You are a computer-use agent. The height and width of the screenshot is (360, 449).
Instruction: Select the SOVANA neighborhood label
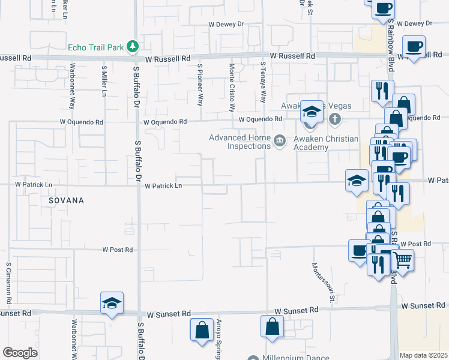coord(62,200)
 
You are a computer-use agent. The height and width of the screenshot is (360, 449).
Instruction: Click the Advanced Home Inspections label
coord(238,142)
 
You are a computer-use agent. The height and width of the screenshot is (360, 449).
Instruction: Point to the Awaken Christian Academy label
coord(326,143)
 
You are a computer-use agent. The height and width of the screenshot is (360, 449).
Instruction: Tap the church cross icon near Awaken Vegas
coord(336,120)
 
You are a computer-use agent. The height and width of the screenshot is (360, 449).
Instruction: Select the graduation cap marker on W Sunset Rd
coord(112,304)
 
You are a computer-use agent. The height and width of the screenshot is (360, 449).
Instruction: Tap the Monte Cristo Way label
coord(231,88)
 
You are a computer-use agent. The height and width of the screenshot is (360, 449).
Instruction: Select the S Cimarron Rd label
coord(9,281)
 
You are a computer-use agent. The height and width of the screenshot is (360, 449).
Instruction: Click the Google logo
coord(20,352)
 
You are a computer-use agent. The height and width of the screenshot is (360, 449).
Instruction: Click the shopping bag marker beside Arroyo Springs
coord(202,330)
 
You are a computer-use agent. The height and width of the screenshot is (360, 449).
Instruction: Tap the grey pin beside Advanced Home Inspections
coord(279,141)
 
